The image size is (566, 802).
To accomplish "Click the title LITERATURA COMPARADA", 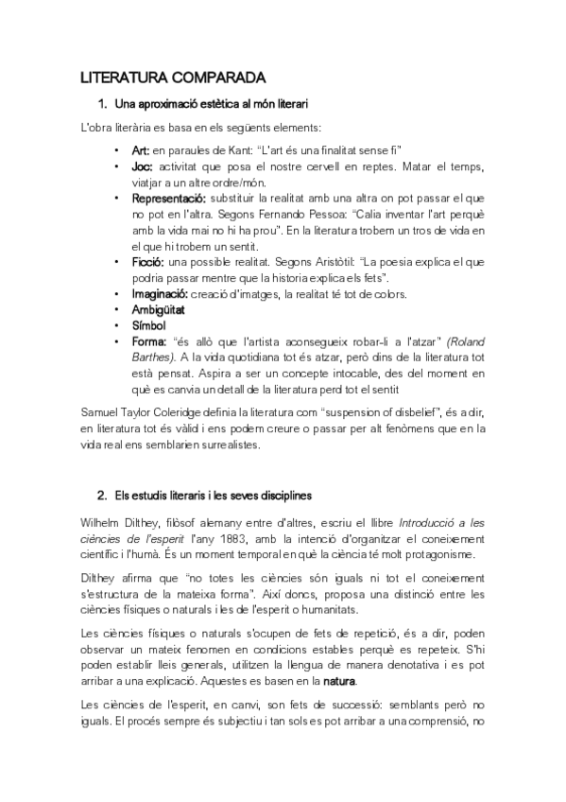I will coord(173,77).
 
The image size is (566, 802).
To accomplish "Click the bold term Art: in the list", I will coord(141,149).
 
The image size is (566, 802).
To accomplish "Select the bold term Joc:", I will coord(142,166).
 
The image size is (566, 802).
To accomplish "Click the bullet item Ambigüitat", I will coord(159,309).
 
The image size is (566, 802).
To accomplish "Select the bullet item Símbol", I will coord(147,325).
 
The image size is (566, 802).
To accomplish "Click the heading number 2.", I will coord(101,496).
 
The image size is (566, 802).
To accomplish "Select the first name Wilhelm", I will coord(104,522).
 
